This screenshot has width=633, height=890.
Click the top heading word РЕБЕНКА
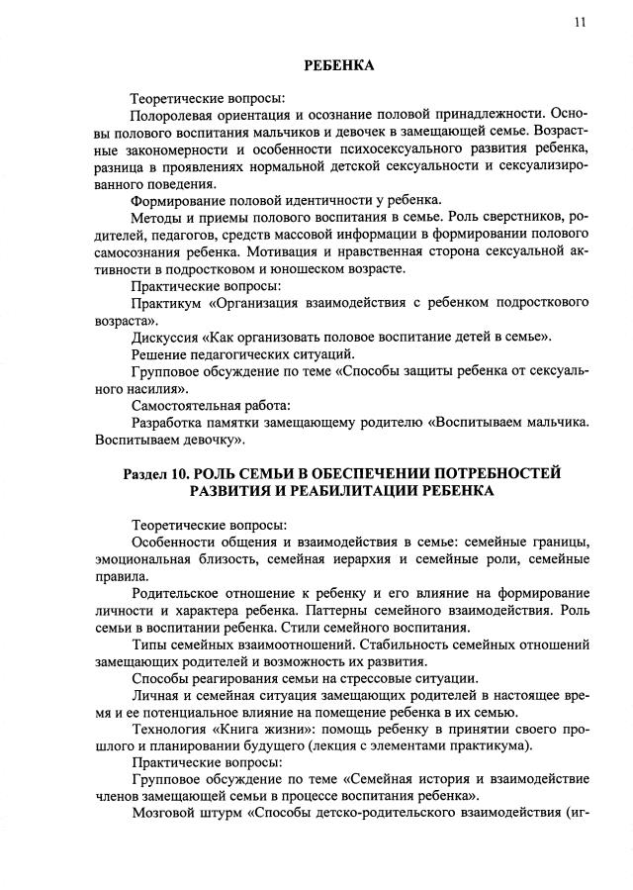click(x=338, y=65)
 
